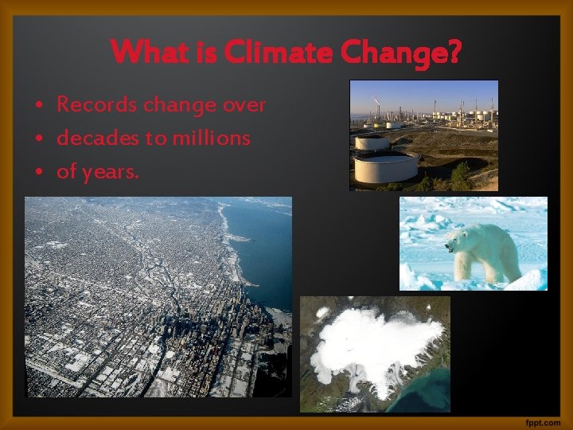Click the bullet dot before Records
pos(38,105)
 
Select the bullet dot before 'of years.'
pos(38,172)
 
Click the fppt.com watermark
pos(543,420)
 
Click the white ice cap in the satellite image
pos(374,342)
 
